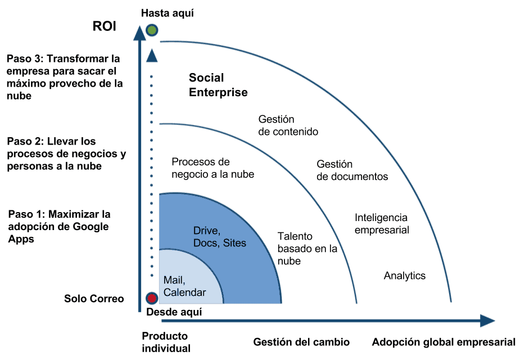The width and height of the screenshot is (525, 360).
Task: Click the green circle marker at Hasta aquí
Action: (152, 30)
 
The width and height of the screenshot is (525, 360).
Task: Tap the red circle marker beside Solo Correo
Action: (152, 298)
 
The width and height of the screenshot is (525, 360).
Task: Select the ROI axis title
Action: (105, 26)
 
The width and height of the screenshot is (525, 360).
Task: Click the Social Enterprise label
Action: (218, 85)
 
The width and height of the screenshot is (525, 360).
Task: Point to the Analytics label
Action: (405, 276)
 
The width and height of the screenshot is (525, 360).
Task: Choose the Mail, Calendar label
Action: (184, 286)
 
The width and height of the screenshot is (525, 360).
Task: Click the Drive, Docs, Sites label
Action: (220, 237)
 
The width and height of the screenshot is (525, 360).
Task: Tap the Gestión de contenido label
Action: (288, 125)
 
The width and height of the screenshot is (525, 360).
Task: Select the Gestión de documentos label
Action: (352, 170)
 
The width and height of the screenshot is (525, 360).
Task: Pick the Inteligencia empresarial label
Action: (382, 223)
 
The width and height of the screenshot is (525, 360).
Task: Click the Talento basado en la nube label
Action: (307, 249)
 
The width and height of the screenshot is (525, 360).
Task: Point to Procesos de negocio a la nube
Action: (212, 168)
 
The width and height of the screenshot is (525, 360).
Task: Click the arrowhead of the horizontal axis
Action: (487, 321)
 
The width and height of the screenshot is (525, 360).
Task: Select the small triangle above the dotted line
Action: (152, 56)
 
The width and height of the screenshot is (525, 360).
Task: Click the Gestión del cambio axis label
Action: (301, 342)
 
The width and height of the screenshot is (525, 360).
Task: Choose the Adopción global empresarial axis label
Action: (443, 342)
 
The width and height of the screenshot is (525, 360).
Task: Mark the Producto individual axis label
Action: (166, 342)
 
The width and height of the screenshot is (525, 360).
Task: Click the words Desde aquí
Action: (174, 312)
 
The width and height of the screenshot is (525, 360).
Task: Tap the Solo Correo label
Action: (94, 298)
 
